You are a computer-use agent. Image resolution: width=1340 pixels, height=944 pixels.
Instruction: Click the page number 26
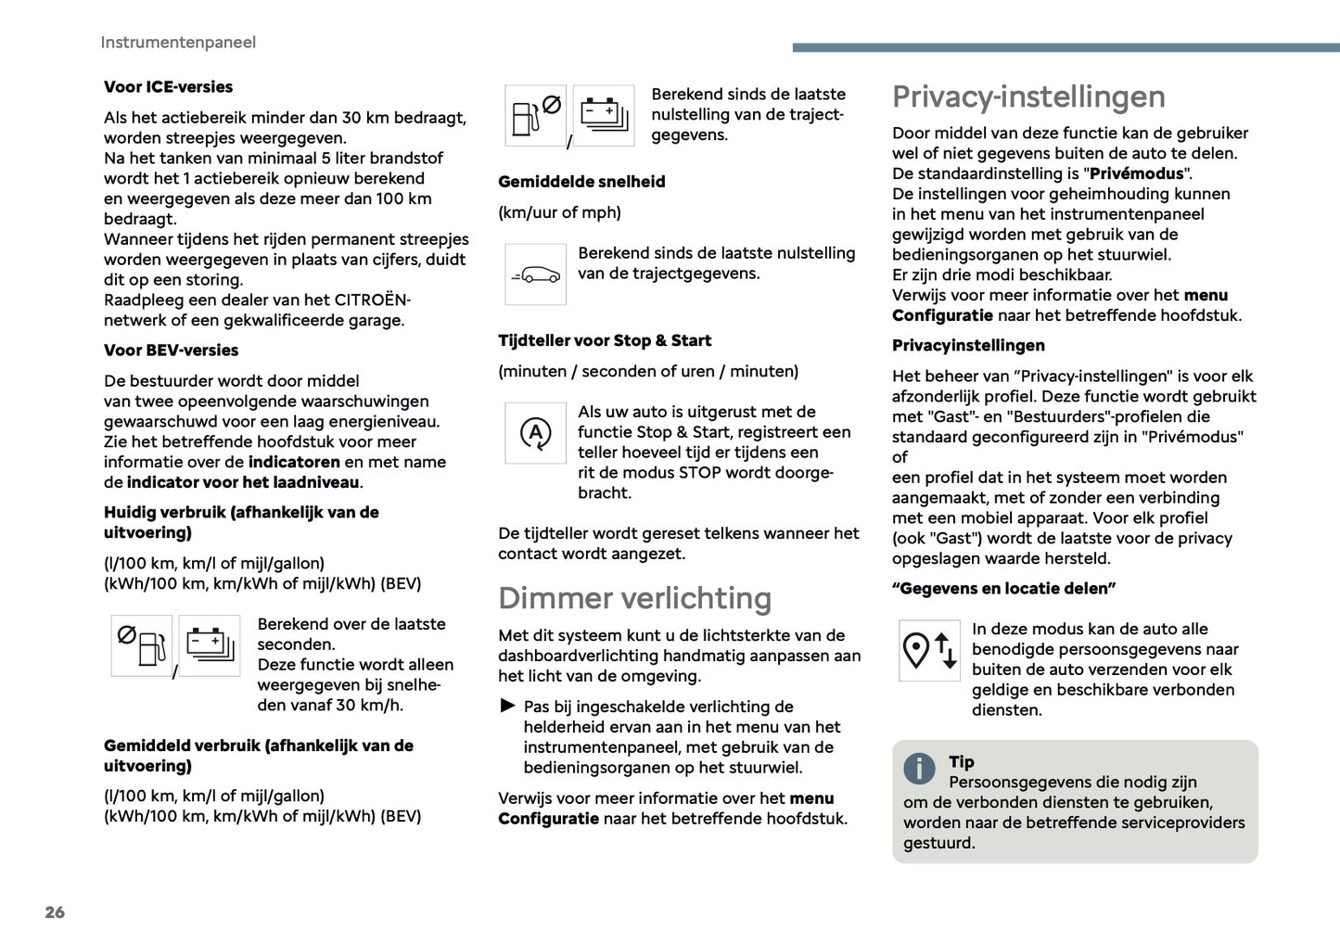tap(55, 912)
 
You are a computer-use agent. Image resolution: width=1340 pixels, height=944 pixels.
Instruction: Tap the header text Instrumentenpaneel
tap(178, 43)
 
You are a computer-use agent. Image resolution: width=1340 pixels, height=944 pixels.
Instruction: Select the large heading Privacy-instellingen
tap(1028, 96)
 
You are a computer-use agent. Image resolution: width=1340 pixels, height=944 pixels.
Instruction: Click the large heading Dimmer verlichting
tap(634, 598)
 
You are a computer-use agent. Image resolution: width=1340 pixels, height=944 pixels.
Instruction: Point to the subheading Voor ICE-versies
tap(168, 87)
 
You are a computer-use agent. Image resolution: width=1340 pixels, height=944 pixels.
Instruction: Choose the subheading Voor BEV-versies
tap(171, 351)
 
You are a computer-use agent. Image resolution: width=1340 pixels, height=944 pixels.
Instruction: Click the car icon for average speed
tap(535, 274)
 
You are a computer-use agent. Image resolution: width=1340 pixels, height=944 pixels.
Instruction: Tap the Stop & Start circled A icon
tap(535, 433)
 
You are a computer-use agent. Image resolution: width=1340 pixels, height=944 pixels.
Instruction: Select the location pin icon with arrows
tap(929, 651)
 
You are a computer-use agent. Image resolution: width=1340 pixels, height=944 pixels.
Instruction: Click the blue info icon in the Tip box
tap(919, 768)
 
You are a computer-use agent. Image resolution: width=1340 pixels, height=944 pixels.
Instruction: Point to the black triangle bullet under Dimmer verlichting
tap(507, 707)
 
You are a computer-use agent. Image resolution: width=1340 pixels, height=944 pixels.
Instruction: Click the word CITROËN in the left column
tap(371, 300)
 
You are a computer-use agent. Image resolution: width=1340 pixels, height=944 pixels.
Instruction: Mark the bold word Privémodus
tap(1136, 173)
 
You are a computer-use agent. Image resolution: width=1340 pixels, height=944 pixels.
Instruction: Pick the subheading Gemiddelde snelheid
tap(581, 182)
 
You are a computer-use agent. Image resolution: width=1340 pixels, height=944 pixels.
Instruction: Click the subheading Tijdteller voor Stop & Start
tap(605, 341)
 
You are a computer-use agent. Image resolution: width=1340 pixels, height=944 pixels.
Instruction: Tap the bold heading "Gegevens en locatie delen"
tap(1003, 589)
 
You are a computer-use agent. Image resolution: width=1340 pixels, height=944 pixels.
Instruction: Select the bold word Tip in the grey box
tap(962, 762)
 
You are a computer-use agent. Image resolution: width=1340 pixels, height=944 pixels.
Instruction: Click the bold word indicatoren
tap(294, 462)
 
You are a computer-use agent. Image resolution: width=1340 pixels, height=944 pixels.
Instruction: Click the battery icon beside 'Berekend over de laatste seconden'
tap(210, 645)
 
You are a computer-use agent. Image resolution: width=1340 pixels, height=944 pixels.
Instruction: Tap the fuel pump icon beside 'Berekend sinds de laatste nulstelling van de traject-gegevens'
tap(535, 116)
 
